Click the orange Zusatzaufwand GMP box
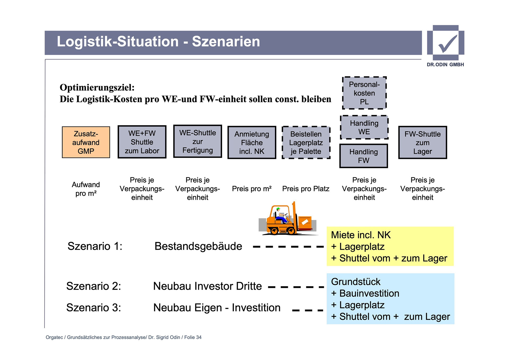pos(86,142)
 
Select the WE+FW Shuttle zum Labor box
pos(142,142)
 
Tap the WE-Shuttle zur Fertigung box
pos(198,141)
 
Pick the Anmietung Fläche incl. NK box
pos(252,142)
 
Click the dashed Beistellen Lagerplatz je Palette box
pos(306,142)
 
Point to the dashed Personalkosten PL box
pos(364,93)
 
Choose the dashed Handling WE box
pos(364,127)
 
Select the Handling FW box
pos(363,156)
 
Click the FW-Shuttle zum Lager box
pos(423,142)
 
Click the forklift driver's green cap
pos(278,209)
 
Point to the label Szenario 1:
pos(95,246)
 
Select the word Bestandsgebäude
pos(198,246)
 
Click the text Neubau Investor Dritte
pos(207,286)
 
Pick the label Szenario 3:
pos(94,308)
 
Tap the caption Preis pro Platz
pos(306,189)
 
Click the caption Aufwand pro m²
pos(86,189)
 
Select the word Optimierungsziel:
pos(97,87)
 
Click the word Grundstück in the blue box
pos(356,281)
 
